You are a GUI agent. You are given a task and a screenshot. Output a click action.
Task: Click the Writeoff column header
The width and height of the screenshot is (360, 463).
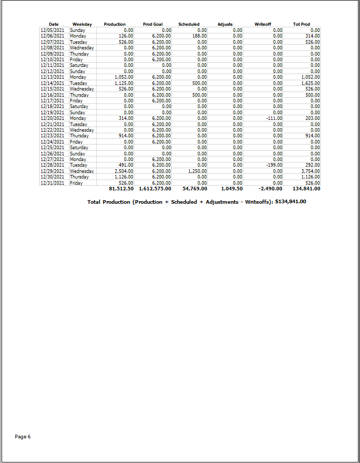tap(263, 24)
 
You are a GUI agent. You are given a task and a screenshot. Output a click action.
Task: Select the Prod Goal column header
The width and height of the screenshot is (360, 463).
tap(153, 24)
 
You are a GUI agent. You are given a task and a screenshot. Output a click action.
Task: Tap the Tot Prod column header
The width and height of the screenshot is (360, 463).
tap(301, 24)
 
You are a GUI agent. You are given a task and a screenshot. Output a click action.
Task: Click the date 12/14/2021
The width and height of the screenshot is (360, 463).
tap(53, 83)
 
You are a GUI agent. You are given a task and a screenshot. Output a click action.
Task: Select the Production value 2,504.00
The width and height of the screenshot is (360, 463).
tap(124, 171)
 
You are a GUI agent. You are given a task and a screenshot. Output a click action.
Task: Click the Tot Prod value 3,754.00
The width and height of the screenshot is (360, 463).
tap(311, 171)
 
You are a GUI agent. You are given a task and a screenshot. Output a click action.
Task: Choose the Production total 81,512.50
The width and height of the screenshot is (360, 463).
tap(121, 189)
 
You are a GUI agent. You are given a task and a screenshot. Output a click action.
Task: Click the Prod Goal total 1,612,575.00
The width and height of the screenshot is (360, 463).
tap(155, 189)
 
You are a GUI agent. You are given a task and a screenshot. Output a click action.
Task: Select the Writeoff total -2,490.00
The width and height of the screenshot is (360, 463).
tap(270, 189)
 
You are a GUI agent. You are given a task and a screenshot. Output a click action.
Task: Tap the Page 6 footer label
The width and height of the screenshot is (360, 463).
tap(23, 437)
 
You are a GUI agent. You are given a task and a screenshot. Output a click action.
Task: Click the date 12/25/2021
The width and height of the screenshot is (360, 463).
tap(53, 148)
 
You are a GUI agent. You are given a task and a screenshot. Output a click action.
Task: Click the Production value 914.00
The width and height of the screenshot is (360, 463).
tap(126, 136)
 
